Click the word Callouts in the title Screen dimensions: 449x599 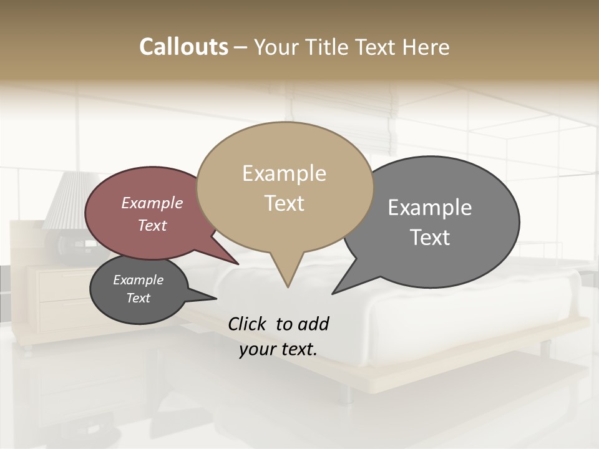[x=183, y=47]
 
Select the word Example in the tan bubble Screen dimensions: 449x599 [x=284, y=173]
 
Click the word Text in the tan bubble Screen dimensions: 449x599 [x=284, y=203]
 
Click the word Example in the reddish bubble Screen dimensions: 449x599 [x=152, y=203]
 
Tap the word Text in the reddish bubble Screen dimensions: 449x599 [x=152, y=225]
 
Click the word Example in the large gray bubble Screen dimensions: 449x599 [x=429, y=208]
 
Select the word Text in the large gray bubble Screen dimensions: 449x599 [x=429, y=237]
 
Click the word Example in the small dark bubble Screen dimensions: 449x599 [x=138, y=280]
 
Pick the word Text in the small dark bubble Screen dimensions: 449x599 [x=138, y=298]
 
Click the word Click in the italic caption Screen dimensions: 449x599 [x=248, y=324]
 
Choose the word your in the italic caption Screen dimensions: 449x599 [x=256, y=349]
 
